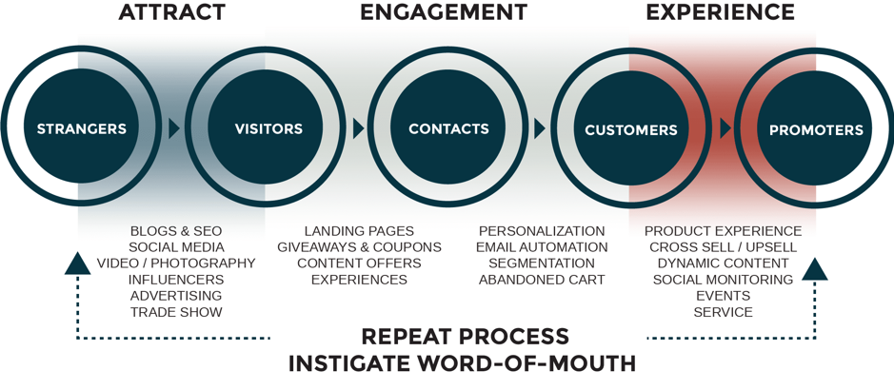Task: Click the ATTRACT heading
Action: (171, 12)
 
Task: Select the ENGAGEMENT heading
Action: (443, 12)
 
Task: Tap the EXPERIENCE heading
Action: (720, 12)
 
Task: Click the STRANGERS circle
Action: (81, 128)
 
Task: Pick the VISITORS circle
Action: (268, 128)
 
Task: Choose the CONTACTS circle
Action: (448, 128)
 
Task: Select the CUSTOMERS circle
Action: (630, 129)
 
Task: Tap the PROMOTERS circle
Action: (815, 129)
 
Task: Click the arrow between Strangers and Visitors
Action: (174, 128)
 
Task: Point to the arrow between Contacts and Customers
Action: (540, 128)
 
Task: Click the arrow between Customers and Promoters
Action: (725, 128)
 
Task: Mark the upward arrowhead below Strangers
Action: (77, 263)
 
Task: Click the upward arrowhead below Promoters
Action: (815, 269)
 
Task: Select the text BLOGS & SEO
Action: (176, 231)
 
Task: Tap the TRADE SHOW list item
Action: (176, 312)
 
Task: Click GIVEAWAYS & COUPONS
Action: (359, 247)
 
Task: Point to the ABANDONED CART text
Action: (542, 280)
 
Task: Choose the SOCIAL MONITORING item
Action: (723, 280)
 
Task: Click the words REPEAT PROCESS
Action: (465, 337)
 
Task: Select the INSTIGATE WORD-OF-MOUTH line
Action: (463, 364)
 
